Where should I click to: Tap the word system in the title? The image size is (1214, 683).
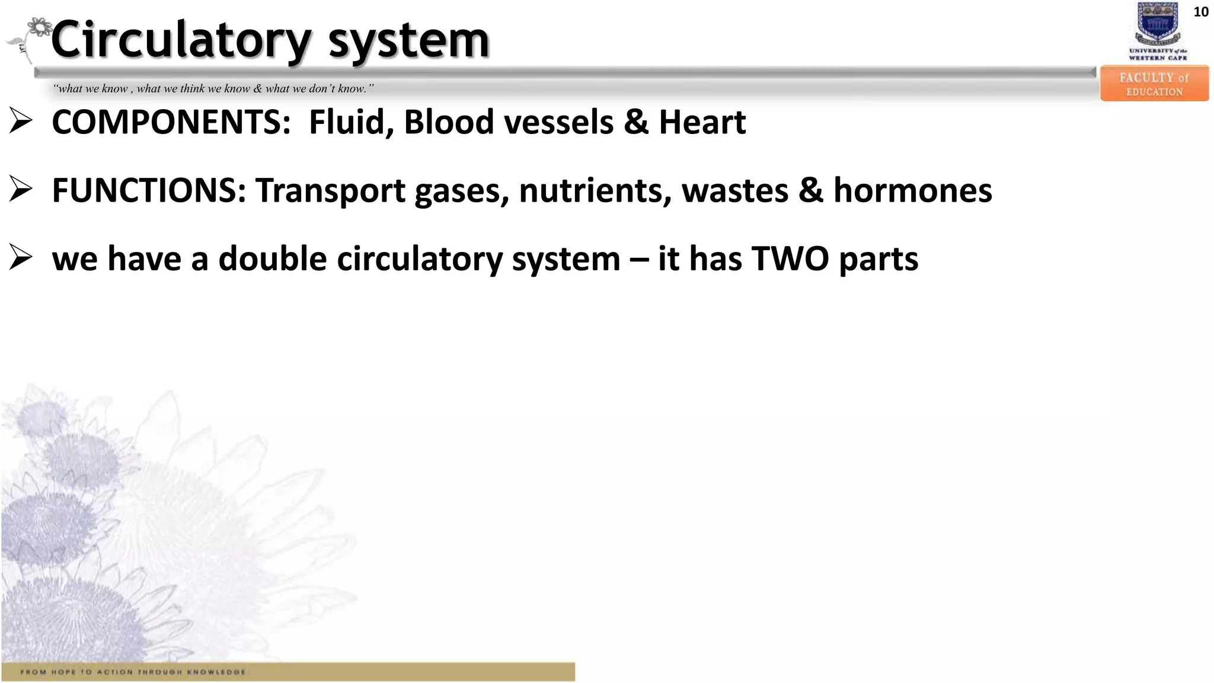409,40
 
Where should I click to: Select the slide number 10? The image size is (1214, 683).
1200,12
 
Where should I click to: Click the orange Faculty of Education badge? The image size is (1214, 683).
1154,84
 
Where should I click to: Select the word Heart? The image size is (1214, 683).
702,122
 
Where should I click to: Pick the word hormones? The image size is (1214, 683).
912,190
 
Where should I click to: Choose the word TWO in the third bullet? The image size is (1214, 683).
790,259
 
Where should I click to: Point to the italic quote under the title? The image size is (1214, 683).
213,89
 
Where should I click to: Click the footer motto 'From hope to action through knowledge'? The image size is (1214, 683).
133,672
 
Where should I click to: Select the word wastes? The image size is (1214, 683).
734,192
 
